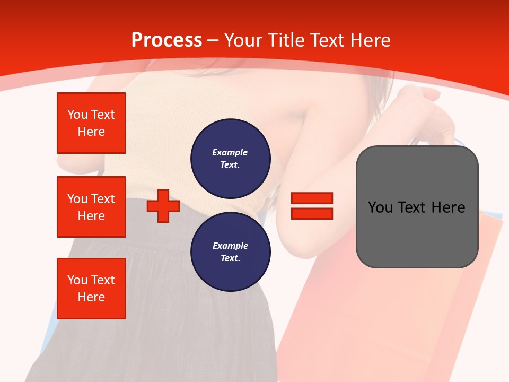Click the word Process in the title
(x=166, y=40)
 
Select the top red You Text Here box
(x=91, y=123)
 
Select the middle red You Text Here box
(x=91, y=207)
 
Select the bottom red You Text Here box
(x=91, y=288)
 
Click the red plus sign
(x=163, y=205)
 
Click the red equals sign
(x=312, y=206)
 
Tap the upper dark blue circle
(x=230, y=159)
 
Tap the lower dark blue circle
(x=230, y=252)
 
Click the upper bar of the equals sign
(x=312, y=198)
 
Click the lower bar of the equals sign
(x=312, y=214)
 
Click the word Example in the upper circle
(x=230, y=152)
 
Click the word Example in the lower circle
(x=230, y=246)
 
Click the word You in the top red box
(x=77, y=115)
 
